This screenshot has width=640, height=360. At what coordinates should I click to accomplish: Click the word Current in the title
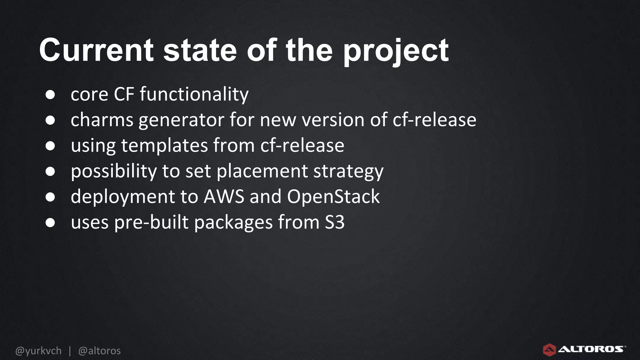coord(96,50)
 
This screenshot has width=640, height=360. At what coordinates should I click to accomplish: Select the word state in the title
coord(200,50)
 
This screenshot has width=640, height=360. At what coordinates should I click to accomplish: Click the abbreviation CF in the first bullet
coord(124,94)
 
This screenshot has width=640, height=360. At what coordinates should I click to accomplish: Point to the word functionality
coord(194,95)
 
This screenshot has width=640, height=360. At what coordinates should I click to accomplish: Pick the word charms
coord(102,120)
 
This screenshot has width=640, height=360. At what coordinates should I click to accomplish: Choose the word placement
coord(262,172)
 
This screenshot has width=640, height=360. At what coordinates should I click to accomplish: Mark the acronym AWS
coord(224,197)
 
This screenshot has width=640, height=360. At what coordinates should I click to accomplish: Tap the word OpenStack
coord(333,197)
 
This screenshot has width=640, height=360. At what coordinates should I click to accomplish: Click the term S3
coord(334,222)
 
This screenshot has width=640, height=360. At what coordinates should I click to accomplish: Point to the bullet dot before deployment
coord(50,197)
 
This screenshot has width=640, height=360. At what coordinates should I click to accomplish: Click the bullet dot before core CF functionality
coord(50,94)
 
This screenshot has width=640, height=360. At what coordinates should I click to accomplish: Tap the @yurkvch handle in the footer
coord(38,351)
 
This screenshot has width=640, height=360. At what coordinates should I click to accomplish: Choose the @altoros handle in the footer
coord(99,351)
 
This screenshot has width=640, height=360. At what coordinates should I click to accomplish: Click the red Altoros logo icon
coord(549,349)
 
